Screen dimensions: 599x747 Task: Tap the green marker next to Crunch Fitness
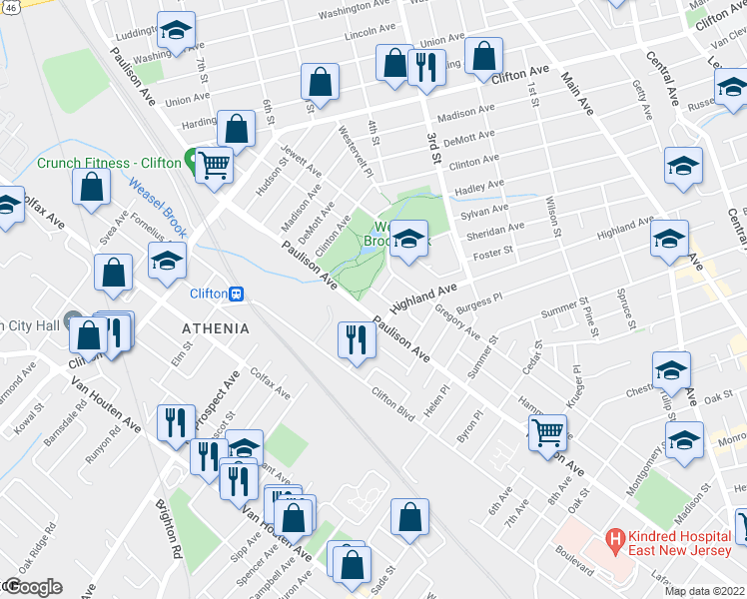pos(190,162)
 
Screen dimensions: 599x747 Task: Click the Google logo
pos(32,586)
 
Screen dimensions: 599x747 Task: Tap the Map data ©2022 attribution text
pos(704,591)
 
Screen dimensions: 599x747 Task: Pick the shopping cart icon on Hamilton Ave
pos(546,433)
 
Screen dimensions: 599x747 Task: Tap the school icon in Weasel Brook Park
pos(407,240)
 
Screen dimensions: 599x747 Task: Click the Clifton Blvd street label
pos(392,404)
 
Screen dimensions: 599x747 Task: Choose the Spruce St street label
pos(629,308)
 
